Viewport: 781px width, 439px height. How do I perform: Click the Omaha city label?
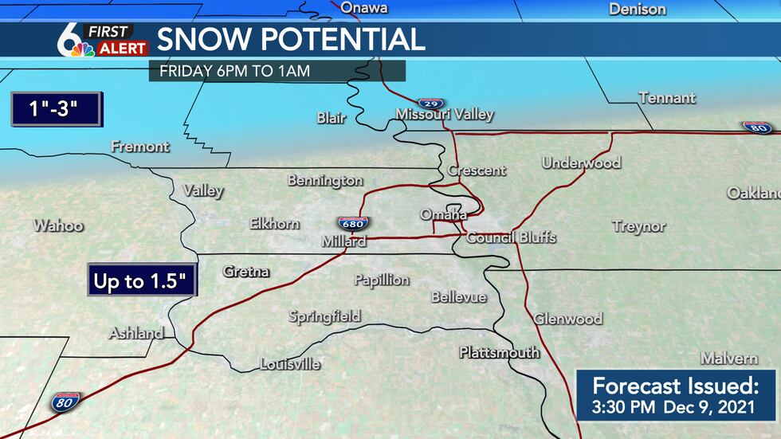[x=444, y=215]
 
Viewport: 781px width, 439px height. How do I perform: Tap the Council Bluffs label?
[x=511, y=237]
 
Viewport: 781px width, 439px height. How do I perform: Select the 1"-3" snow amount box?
[x=54, y=109]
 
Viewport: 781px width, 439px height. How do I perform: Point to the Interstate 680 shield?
[x=351, y=224]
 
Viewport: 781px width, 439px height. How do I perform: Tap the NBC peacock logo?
[x=79, y=49]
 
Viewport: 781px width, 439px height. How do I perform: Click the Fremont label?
[x=140, y=147]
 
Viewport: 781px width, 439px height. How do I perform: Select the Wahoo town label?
[x=58, y=226]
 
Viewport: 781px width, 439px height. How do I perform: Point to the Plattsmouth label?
[x=499, y=352]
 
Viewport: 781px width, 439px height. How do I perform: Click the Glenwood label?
[x=567, y=319]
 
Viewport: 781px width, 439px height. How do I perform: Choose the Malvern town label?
[x=729, y=358]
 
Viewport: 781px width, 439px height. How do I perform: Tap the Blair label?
[x=332, y=118]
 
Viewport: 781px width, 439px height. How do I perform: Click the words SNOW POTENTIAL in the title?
[x=290, y=39]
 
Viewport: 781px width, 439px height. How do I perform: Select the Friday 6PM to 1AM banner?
[x=277, y=70]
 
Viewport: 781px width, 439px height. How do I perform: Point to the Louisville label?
[x=290, y=365]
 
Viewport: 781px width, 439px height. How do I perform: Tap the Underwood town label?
[x=581, y=163]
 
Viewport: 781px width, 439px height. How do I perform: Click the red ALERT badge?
[x=122, y=49]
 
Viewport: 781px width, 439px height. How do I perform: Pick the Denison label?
[x=637, y=10]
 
